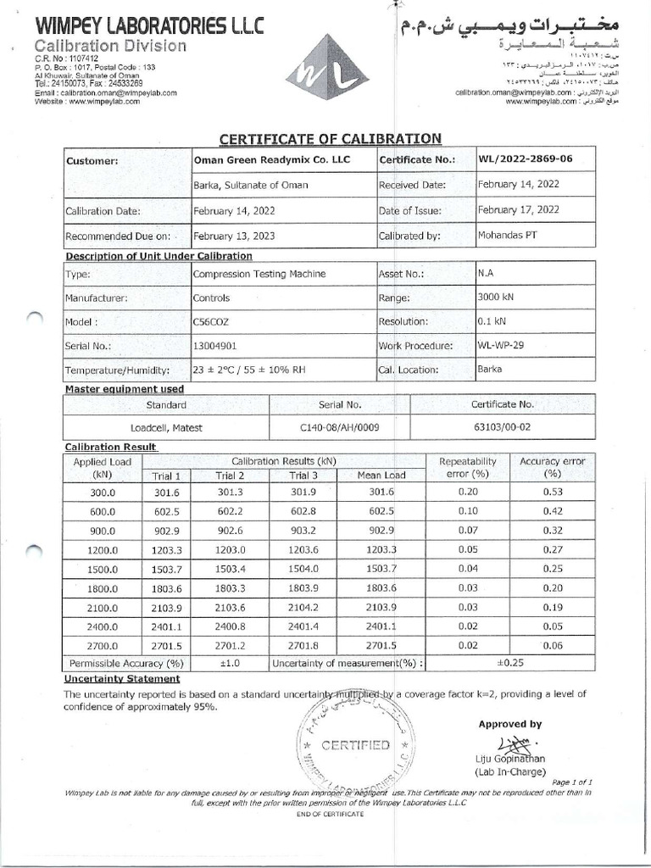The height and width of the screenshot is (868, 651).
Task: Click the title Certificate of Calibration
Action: coord(331,139)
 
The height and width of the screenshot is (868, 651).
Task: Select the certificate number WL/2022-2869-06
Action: coord(525,159)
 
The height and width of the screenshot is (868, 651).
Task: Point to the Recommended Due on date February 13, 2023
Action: coord(234,236)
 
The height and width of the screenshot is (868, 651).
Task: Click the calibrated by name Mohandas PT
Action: coord(507,236)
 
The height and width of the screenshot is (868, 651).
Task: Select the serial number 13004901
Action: coord(214,346)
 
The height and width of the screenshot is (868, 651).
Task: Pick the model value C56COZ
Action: coord(211,322)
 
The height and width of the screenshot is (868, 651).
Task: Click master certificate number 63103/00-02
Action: coord(502,428)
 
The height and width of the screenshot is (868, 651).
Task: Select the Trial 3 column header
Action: coord(303,476)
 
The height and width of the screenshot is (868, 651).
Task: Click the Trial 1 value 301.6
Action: coord(167,492)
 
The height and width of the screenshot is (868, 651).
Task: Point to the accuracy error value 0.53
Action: coord(553,492)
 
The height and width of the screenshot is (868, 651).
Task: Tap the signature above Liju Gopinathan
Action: coord(512,743)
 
